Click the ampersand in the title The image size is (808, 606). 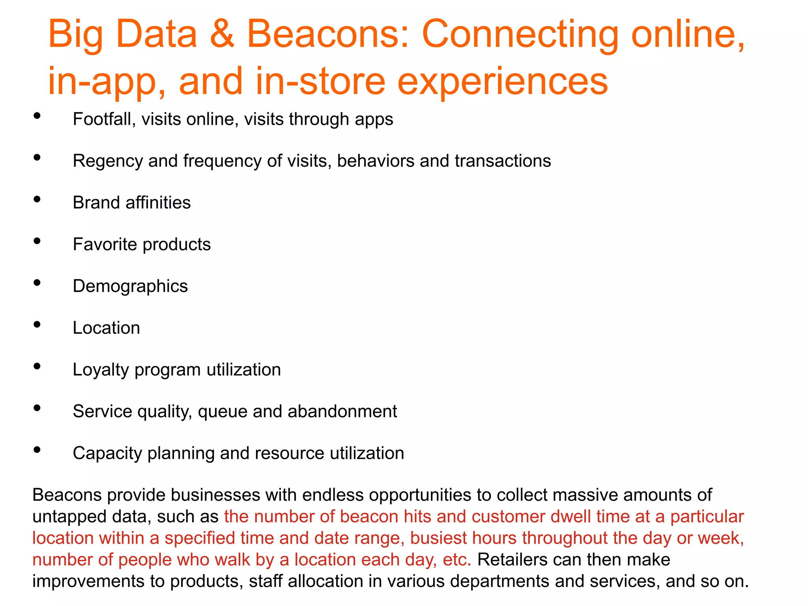pos(222,35)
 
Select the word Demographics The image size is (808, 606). pos(130,286)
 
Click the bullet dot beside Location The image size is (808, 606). pos(37,325)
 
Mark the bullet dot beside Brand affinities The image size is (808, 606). pos(37,199)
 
